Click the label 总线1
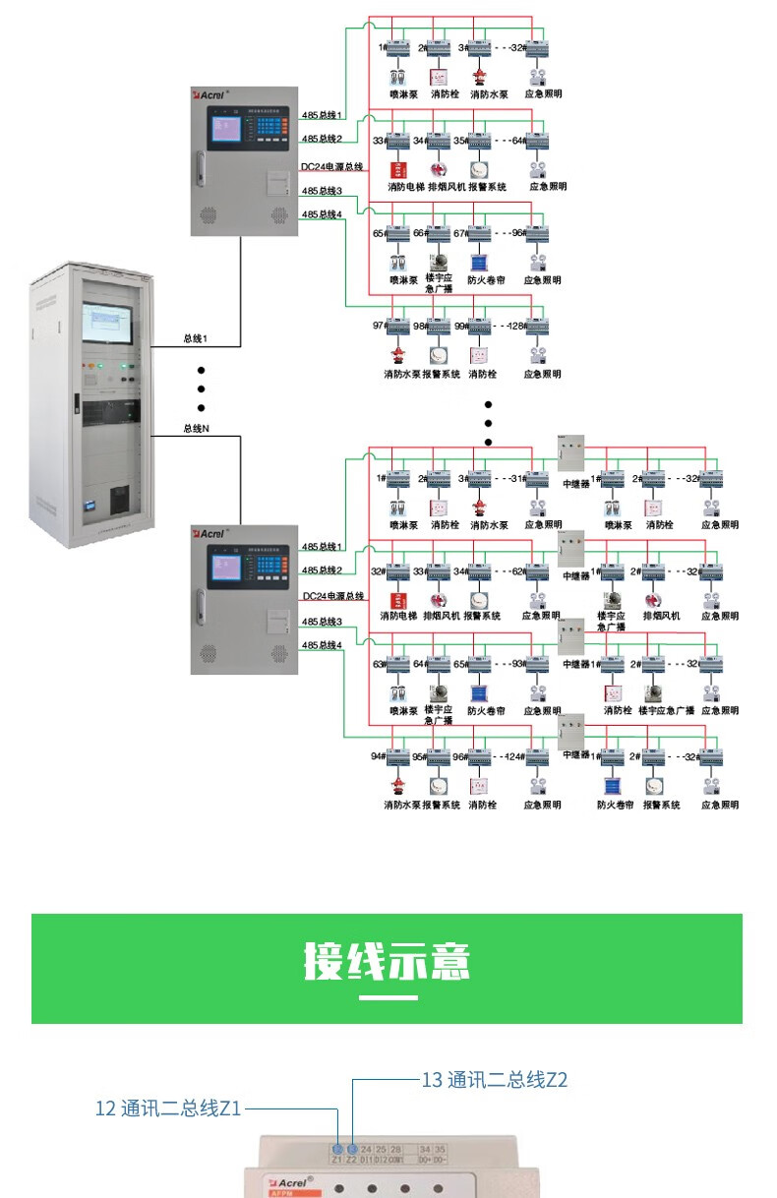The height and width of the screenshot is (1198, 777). pyautogui.click(x=196, y=339)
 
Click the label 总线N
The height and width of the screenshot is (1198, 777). pyautogui.click(x=196, y=428)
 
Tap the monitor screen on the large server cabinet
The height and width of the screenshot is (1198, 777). pyautogui.click(x=108, y=318)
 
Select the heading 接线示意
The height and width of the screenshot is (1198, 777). pyautogui.click(x=387, y=961)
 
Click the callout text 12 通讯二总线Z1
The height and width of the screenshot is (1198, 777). pyautogui.click(x=168, y=1108)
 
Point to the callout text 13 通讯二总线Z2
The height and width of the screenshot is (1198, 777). pyautogui.click(x=495, y=1080)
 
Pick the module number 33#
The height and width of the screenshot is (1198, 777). pyautogui.click(x=379, y=141)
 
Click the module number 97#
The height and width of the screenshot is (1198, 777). pyautogui.click(x=379, y=326)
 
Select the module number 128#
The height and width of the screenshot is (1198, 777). pyautogui.click(x=515, y=326)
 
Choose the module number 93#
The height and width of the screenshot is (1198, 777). pyautogui.click(x=515, y=664)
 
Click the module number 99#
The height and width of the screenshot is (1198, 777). pyautogui.click(x=460, y=326)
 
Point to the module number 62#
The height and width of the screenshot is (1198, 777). pyautogui.click(x=515, y=571)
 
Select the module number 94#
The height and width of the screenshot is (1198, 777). pyautogui.click(x=377, y=756)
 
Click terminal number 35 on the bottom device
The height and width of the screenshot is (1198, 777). pyautogui.click(x=441, y=1149)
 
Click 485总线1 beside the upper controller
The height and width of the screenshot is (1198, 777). pyautogui.click(x=322, y=115)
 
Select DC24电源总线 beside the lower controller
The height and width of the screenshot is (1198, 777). pyautogui.click(x=332, y=596)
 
